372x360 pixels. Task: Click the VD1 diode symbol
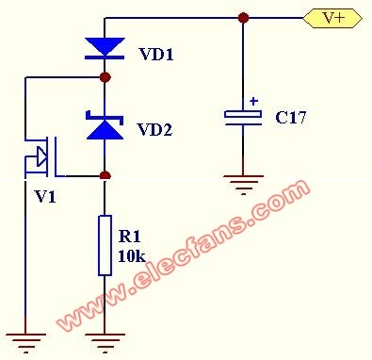tap(105, 48)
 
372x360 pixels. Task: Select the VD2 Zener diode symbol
tap(105, 124)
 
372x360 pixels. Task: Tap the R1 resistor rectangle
tap(105, 245)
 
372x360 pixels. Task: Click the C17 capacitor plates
tap(243, 118)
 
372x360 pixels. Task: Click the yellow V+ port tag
tap(332, 18)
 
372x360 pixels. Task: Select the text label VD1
tap(156, 54)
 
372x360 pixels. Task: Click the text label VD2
tap(154, 129)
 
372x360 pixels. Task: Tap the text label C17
tap(290, 118)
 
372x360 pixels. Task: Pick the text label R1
tap(130, 237)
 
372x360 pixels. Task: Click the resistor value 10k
tap(132, 255)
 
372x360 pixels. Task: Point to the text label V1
tap(46, 197)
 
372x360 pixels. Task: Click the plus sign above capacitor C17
tap(253, 102)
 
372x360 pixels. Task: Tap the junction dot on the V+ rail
tap(243, 18)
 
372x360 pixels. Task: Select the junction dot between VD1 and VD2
tap(105, 77)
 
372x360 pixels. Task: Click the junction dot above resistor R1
tap(105, 175)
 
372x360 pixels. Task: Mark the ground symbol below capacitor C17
tap(243, 185)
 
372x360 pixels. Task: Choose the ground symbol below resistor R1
tap(105, 343)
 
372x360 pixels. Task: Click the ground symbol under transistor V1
tap(25, 343)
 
